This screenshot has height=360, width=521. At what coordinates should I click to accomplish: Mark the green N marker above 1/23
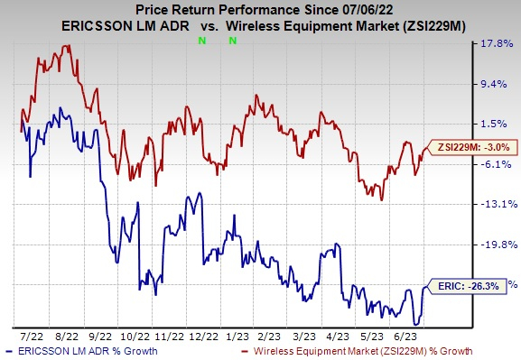233,41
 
